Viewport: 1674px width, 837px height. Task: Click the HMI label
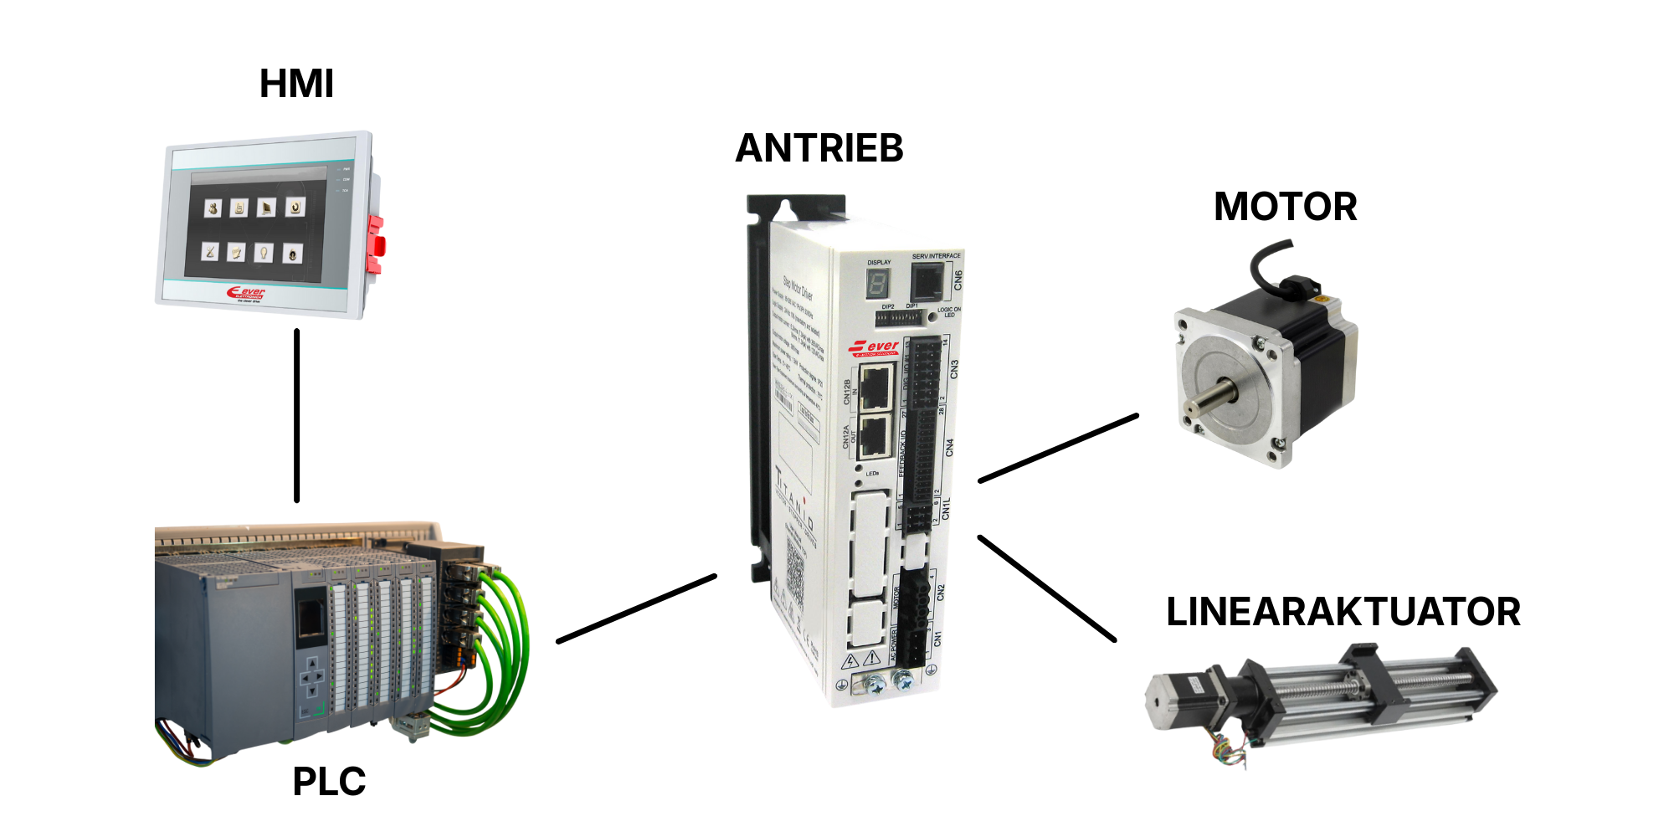pos(296,84)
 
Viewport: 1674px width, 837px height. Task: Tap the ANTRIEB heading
pos(819,148)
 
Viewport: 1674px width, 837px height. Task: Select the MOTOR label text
pos(1285,207)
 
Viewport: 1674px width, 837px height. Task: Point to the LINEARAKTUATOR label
pos(1343,612)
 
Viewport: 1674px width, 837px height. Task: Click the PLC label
pos(329,782)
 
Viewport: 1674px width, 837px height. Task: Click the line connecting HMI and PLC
pos(296,415)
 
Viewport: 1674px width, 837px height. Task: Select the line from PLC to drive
pos(636,608)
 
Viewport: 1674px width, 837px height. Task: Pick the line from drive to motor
pos(1058,448)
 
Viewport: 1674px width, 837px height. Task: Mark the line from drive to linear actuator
pos(1046,588)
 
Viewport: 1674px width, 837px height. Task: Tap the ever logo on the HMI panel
pos(246,293)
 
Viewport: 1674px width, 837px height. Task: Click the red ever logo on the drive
pos(874,347)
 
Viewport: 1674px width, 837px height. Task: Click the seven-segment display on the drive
pos(877,284)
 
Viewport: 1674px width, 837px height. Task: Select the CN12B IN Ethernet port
pos(876,388)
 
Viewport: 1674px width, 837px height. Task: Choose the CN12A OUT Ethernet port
pos(874,436)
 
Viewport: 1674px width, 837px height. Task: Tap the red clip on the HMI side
pos(376,244)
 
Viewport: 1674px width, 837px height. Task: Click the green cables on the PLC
pos(502,653)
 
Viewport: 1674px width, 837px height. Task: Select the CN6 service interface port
pos(927,282)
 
